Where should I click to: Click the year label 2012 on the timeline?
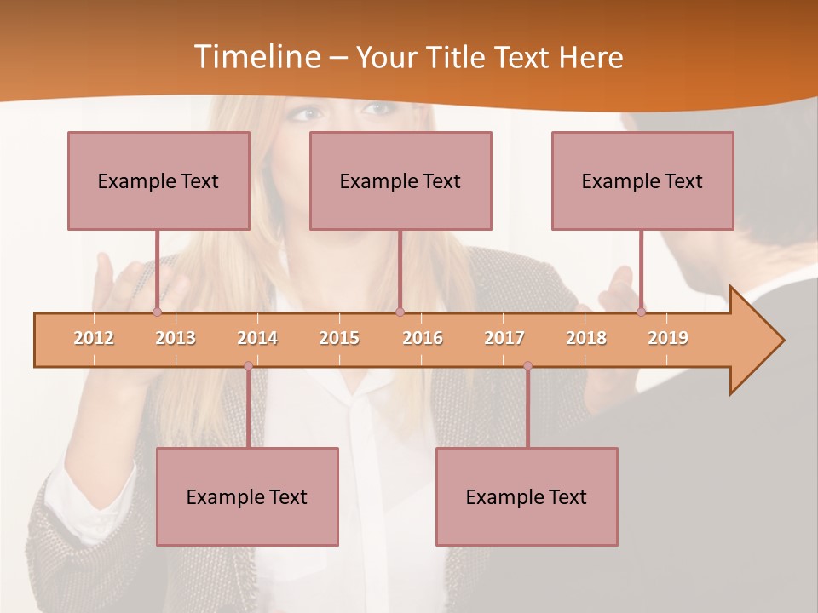point(94,338)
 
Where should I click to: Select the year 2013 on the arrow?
point(176,338)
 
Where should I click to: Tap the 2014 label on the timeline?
point(257,338)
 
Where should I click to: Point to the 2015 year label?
point(339,338)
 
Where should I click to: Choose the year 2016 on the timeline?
point(423,338)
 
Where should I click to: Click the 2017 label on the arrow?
point(504,338)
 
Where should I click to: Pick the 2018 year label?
point(586,338)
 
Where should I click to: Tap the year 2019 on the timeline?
point(668,338)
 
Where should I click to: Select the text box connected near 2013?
point(158,180)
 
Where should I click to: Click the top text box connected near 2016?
point(400,180)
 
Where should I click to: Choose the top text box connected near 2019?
point(642,180)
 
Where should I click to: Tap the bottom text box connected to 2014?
point(247,496)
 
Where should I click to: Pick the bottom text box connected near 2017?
point(527,496)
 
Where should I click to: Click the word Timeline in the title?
point(256,57)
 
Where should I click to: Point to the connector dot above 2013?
point(157,312)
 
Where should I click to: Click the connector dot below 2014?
point(248,366)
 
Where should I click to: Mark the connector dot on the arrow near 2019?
point(641,312)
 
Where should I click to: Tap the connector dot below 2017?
point(527,366)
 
